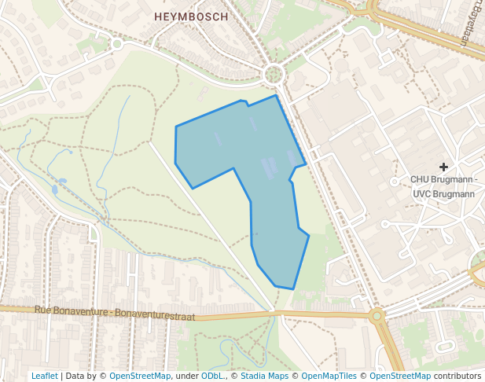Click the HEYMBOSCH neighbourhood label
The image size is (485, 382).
tap(191, 16)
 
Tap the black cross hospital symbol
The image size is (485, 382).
tap(444, 167)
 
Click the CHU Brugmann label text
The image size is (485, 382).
tap(443, 179)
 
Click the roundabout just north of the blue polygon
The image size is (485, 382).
tap(274, 75)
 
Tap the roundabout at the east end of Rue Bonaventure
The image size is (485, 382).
tap(377, 316)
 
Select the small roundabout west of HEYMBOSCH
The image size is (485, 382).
tap(117, 44)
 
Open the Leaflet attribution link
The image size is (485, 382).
tap(44, 376)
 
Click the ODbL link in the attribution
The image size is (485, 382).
tap(212, 376)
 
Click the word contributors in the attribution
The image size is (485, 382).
tap(457, 376)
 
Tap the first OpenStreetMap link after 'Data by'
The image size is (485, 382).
tap(139, 376)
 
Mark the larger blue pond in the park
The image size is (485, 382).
tap(55, 189)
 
